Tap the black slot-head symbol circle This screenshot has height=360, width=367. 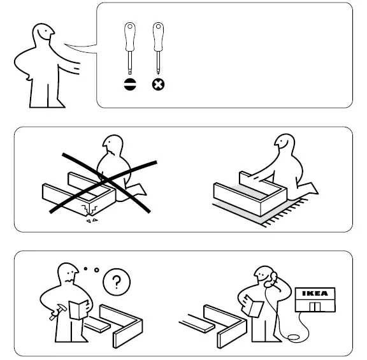[x=130, y=83]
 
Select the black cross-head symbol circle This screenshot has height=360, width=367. [x=157, y=83]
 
